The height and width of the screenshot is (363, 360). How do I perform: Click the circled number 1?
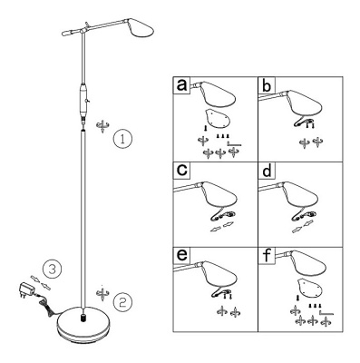tap(122, 139)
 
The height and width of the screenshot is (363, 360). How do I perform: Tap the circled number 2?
tap(122, 302)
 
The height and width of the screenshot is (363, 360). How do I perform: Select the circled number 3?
tap(53, 269)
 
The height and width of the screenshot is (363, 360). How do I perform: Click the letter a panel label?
tap(181, 84)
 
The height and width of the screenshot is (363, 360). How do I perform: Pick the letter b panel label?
tap(267, 84)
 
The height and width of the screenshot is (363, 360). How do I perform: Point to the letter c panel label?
tap(181, 170)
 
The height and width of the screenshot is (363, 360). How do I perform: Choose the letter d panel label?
tap(267, 170)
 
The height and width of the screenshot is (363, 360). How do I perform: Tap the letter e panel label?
tap(181, 255)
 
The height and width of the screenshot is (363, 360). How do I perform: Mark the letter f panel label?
tap(267, 255)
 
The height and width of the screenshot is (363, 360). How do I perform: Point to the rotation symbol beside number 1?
tap(102, 125)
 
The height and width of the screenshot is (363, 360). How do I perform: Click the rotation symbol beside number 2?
tap(102, 292)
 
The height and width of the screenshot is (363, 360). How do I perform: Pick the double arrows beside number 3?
tap(40, 281)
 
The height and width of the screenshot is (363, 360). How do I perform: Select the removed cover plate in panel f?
tap(310, 288)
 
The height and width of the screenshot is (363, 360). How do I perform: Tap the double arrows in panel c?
tap(221, 227)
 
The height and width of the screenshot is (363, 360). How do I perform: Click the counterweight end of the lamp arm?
tap(67, 33)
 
